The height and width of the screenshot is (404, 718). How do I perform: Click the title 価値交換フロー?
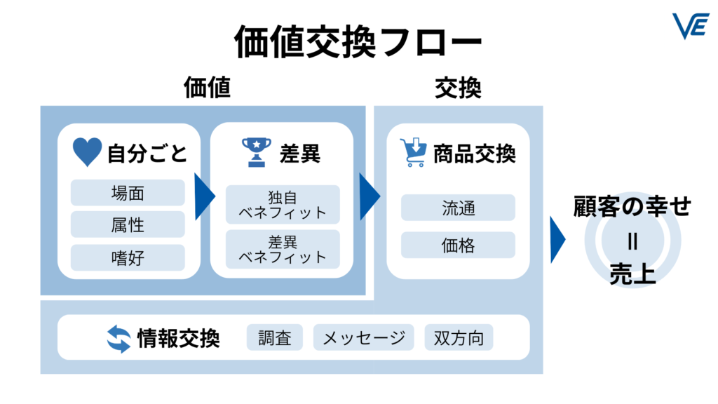[358, 43]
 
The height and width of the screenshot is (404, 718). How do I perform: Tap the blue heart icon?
[87, 152]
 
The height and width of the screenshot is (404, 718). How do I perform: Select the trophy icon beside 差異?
[256, 152]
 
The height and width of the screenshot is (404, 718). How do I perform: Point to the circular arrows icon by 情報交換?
[118, 338]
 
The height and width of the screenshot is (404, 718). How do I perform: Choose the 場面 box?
[128, 192]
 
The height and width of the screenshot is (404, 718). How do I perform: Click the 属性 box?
[128, 224]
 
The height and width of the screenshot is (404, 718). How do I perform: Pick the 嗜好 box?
[128, 257]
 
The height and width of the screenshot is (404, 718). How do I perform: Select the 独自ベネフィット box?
[283, 204]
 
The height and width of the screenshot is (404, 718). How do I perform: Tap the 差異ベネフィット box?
[283, 249]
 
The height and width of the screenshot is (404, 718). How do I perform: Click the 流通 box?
[458, 208]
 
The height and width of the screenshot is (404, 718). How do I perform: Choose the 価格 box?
[458, 245]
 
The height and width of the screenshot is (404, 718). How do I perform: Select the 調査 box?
[274, 337]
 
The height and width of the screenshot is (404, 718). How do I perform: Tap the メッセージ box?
[363, 337]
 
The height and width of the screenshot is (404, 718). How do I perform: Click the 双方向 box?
[459, 337]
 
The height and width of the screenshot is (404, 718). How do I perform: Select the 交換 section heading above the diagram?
[458, 88]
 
